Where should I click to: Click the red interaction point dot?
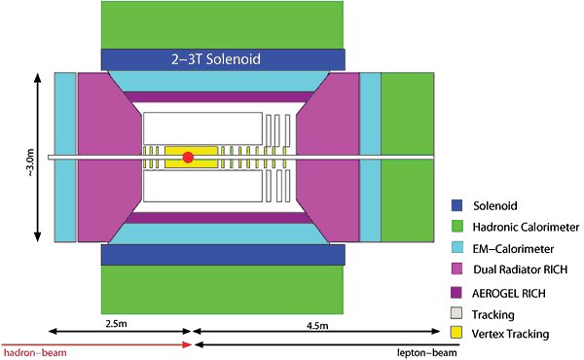coord(189,157)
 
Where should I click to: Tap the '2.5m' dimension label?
coord(116,319)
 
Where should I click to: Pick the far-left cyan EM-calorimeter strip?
coord(65,157)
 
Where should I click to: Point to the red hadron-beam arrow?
coord(97,343)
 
